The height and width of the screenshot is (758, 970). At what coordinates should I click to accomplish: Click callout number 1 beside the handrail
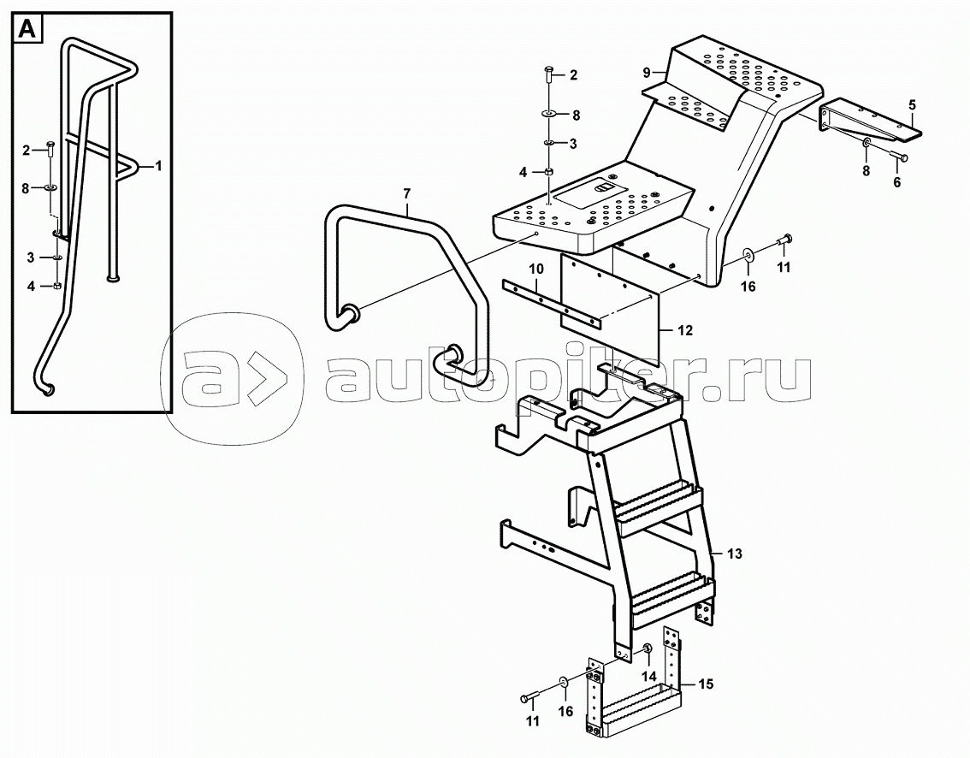pos(158,166)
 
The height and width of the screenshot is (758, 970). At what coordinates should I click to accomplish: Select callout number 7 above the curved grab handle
pos(406,193)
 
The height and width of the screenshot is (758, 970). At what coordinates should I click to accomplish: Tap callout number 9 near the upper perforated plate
pos(647,73)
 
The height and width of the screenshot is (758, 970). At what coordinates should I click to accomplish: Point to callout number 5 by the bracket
pos(912,104)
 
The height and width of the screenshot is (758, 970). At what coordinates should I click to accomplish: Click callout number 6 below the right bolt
pos(896,182)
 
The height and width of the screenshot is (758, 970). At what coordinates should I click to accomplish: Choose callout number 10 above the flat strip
pos(535,269)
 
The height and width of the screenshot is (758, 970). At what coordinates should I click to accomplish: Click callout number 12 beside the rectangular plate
pos(685,330)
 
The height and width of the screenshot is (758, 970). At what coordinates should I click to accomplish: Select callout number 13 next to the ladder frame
pos(734,554)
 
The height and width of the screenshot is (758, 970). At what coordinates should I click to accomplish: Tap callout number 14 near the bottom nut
pos(649,677)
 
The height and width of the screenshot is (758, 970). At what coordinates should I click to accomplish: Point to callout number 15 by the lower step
pos(705,684)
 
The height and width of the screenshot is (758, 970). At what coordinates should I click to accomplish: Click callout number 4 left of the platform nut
pos(523,173)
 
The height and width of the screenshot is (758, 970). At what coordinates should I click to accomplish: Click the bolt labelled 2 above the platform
pos(550,75)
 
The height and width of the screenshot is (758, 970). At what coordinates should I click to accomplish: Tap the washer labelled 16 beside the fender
pos(748,253)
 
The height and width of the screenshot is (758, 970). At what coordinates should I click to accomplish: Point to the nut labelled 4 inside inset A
pos(57,285)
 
